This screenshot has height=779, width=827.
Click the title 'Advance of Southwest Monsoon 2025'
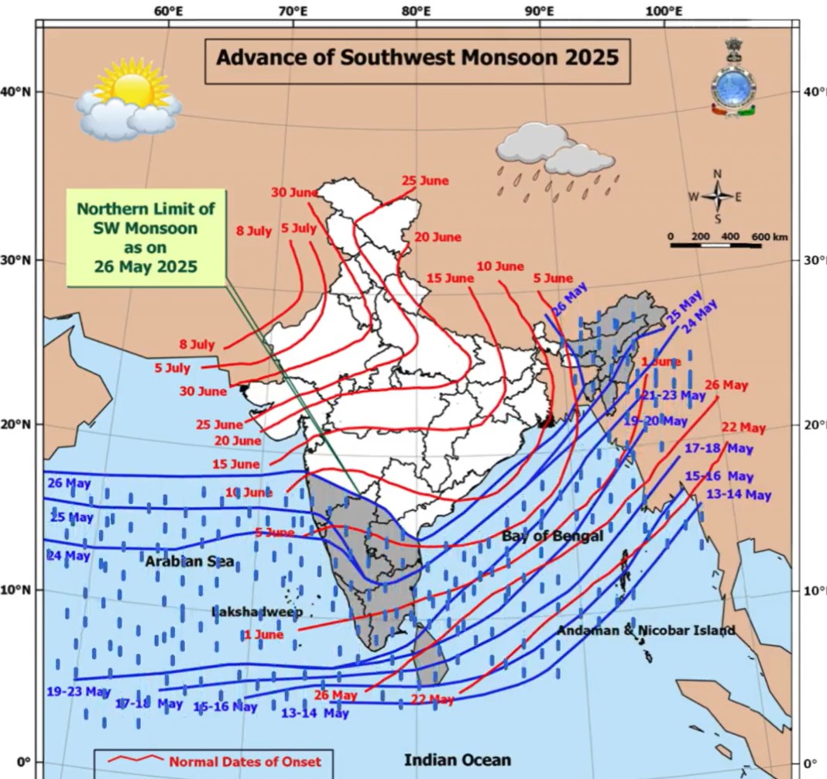pyautogui.click(x=417, y=58)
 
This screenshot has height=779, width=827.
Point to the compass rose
pyautogui.click(x=717, y=197)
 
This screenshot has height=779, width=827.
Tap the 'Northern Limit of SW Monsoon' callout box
pyautogui.click(x=146, y=238)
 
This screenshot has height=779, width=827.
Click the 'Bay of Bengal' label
pyautogui.click(x=551, y=536)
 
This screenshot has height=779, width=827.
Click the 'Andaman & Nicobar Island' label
pyautogui.click(x=646, y=630)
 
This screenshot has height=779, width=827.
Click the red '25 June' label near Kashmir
pyautogui.click(x=425, y=181)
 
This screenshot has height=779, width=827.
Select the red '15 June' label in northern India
pyautogui.click(x=449, y=278)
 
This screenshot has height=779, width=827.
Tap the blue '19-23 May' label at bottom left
pyautogui.click(x=79, y=691)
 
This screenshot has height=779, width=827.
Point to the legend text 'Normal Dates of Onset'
pyautogui.click(x=245, y=761)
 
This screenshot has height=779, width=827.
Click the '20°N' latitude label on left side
pyautogui.click(x=16, y=425)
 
